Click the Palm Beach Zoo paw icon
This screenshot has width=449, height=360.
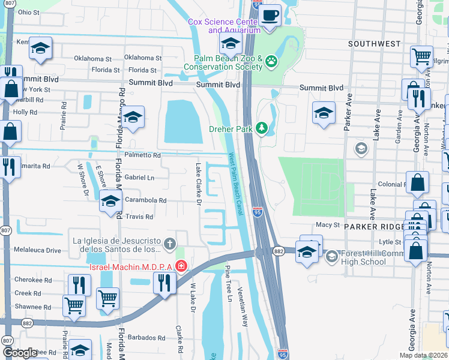(x=272, y=61)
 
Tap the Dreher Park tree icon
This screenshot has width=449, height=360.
(x=261, y=128)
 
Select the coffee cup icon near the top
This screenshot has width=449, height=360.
(x=270, y=14)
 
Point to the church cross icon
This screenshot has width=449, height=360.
(x=170, y=244)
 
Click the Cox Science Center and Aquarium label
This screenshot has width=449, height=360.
(x=224, y=26)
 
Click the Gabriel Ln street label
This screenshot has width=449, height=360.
(x=139, y=178)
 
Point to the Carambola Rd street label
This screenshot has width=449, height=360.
(x=145, y=200)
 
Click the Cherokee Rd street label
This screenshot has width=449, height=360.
(x=32, y=280)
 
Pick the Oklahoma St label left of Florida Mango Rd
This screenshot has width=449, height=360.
(x=92, y=59)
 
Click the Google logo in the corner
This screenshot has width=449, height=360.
(x=20, y=353)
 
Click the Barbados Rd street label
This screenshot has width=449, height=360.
(x=145, y=338)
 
